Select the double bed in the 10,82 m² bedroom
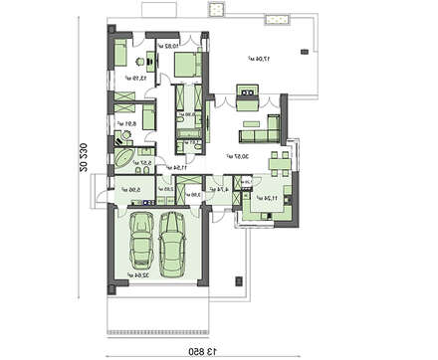(x=185, y=65)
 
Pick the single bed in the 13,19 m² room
(x=117, y=54)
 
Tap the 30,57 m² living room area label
(x=237, y=156)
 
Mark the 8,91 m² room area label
(x=124, y=124)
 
